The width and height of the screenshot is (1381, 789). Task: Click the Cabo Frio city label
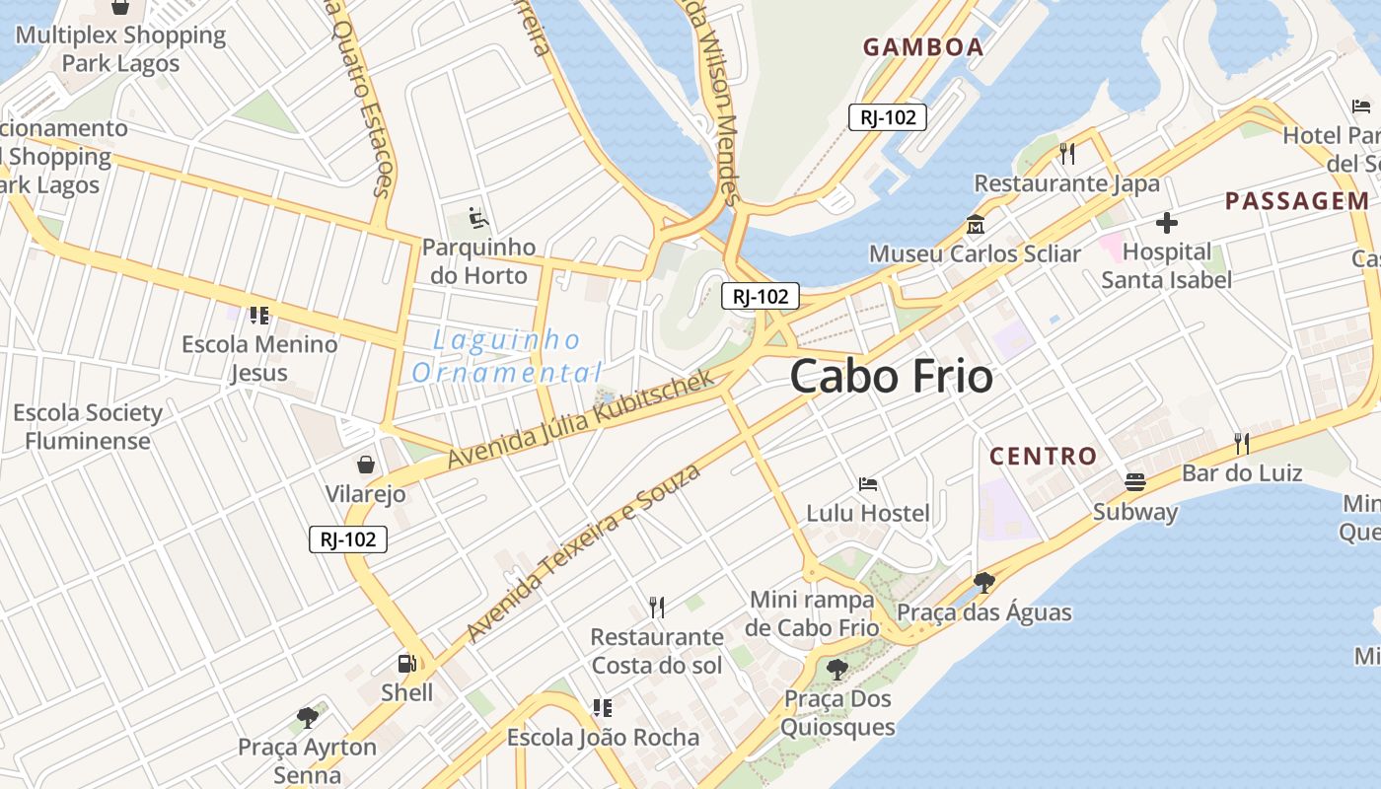pos(891,377)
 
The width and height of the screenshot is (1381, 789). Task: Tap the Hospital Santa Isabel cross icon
pos(1167,223)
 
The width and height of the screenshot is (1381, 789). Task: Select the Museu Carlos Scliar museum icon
pos(976,224)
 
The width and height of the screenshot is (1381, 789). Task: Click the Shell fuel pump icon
pos(406,664)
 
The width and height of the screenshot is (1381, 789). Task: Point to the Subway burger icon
pos(1135,482)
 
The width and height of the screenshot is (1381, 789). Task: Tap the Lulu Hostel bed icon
pos(868,483)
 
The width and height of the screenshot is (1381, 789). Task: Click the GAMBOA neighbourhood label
pos(923,46)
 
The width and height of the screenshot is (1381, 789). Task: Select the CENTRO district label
pos(1043,456)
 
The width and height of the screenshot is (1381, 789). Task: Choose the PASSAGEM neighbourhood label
pos(1297,201)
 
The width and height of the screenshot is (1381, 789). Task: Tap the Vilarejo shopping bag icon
pos(366,464)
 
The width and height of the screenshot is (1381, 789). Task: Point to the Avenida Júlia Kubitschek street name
pos(580,419)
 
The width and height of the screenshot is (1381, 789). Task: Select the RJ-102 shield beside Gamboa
pos(888,117)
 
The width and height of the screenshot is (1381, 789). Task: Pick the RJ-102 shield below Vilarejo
pos(348,539)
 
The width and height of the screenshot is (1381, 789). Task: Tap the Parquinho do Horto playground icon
pos(479,217)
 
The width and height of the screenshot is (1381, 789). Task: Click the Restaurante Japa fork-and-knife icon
pos(1066,153)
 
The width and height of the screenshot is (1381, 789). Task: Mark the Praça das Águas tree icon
pos(983,582)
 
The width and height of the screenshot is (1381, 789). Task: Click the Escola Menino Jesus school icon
pos(259,316)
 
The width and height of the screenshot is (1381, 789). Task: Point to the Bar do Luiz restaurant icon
pos(1242,444)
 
